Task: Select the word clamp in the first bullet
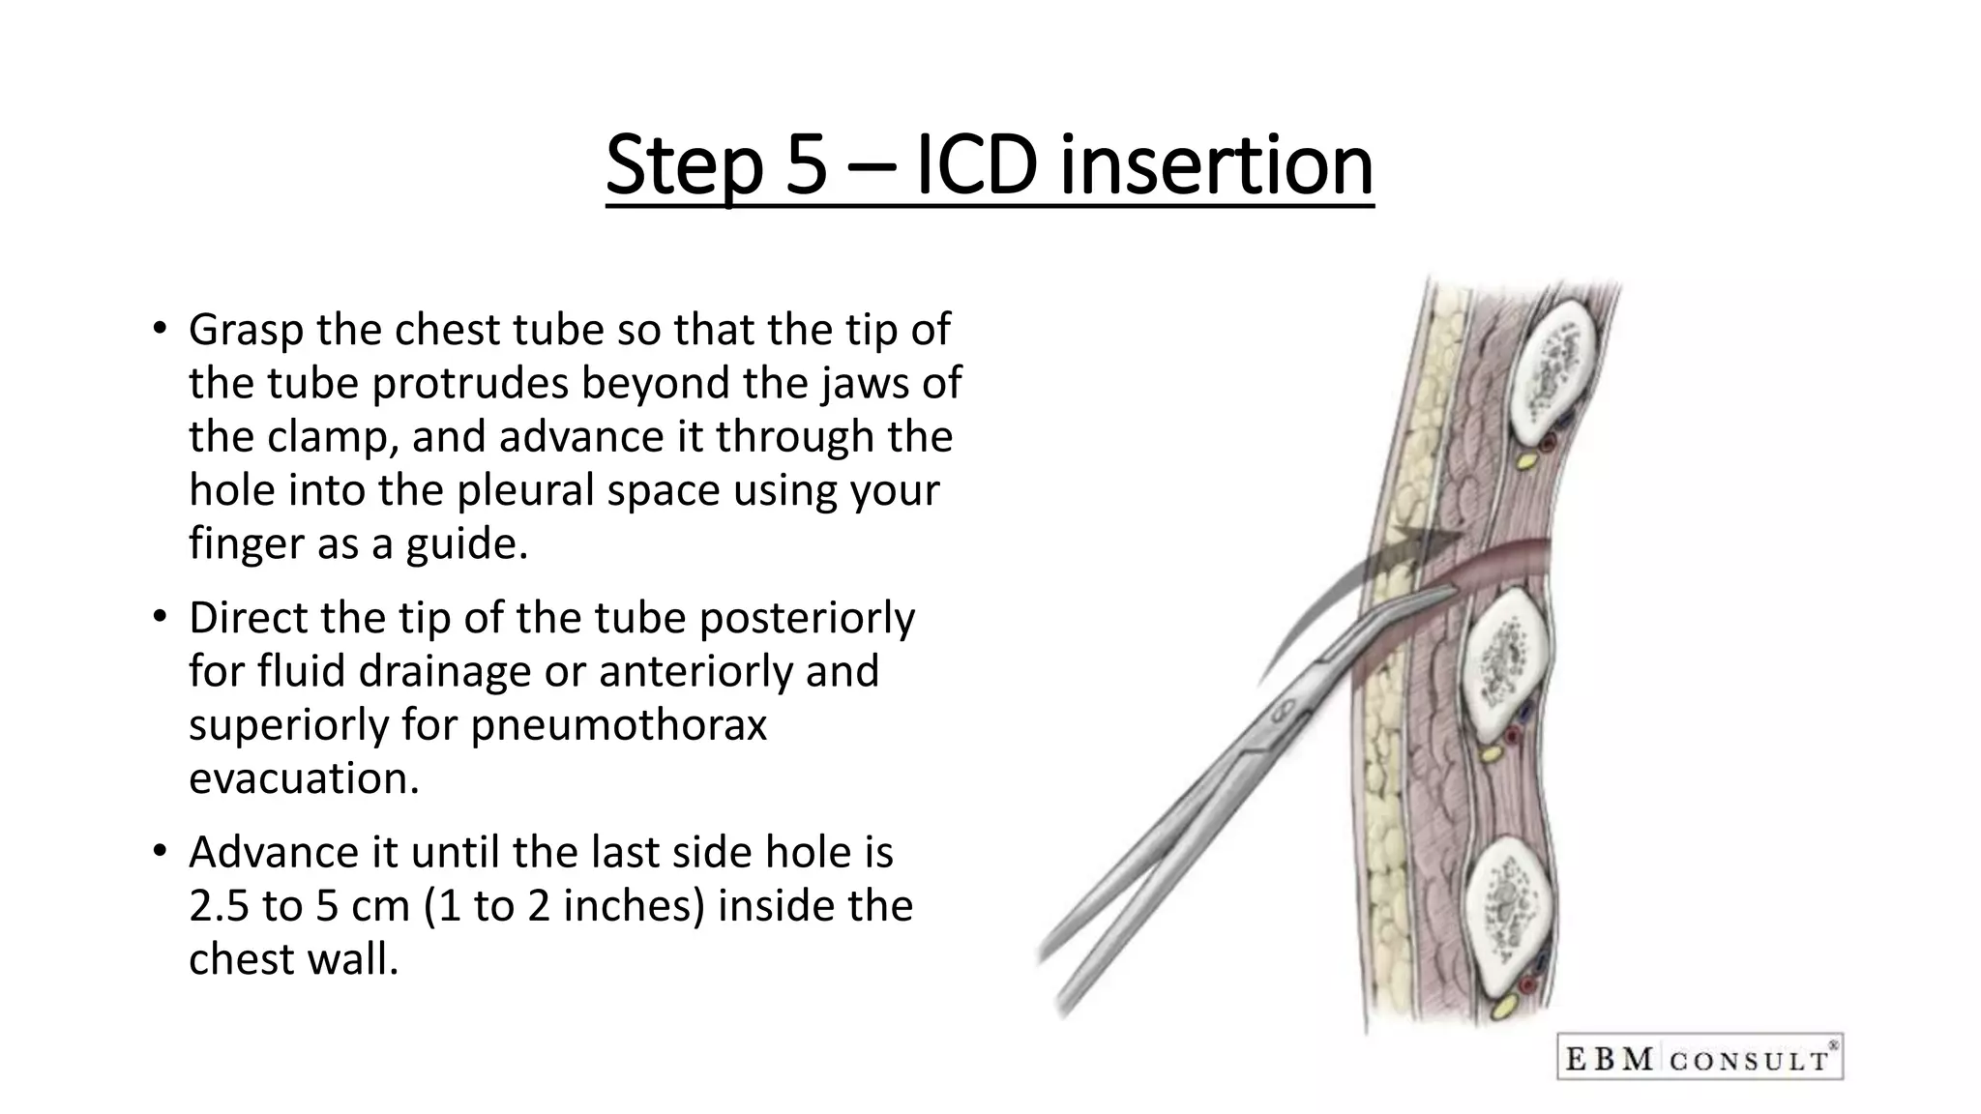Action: coord(333,437)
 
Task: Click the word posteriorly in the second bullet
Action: coord(807,619)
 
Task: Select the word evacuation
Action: coord(304,778)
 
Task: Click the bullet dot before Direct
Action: coord(161,617)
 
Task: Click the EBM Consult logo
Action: coord(1700,1057)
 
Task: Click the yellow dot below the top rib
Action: coord(1525,461)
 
